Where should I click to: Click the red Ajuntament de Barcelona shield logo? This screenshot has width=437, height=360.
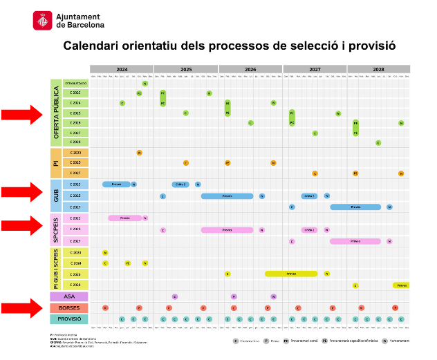click(x=42, y=21)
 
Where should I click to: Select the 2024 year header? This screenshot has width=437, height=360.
click(x=122, y=70)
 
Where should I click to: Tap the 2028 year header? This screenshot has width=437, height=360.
click(x=378, y=70)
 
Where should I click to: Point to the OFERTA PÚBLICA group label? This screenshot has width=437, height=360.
click(x=56, y=113)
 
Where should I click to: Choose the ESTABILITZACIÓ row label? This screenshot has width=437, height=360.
click(x=76, y=83)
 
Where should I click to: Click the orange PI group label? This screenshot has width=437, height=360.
click(x=56, y=163)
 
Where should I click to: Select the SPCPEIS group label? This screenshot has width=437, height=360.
click(x=56, y=229)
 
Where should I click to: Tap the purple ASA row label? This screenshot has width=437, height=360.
click(x=69, y=296)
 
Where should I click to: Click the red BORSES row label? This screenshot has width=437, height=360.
click(x=69, y=307)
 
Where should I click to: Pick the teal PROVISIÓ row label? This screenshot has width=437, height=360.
click(x=69, y=319)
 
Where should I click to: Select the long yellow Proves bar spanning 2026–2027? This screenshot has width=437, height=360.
click(x=291, y=274)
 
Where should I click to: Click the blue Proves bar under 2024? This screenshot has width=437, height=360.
click(x=116, y=184)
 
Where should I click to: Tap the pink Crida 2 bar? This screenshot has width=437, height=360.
click(x=308, y=229)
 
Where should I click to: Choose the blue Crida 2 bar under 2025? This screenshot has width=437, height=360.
click(x=180, y=184)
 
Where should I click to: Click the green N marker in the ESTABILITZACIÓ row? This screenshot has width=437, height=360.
click(x=145, y=83)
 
